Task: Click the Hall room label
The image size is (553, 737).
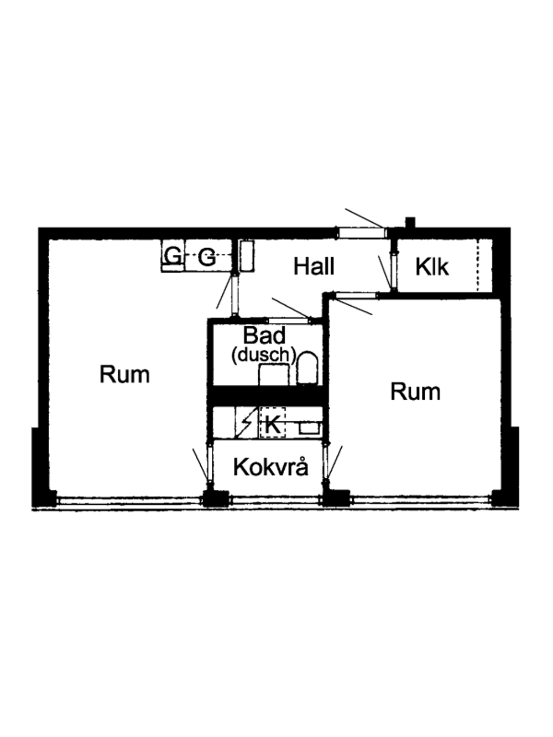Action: click(314, 266)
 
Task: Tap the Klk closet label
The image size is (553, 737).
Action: click(432, 267)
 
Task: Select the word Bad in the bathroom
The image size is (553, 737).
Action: click(264, 335)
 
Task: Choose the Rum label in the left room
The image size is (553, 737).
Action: click(124, 374)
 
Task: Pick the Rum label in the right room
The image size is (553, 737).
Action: click(415, 391)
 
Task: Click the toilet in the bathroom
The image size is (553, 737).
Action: click(307, 368)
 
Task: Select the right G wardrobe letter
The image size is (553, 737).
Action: click(206, 258)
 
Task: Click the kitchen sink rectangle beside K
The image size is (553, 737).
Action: click(310, 428)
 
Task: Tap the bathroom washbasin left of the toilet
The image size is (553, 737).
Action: click(274, 375)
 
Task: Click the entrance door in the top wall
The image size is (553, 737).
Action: click(361, 233)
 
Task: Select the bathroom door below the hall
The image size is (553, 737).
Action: click(288, 321)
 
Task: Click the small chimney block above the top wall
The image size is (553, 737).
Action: click(410, 222)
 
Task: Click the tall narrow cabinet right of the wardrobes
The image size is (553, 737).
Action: click(247, 256)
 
